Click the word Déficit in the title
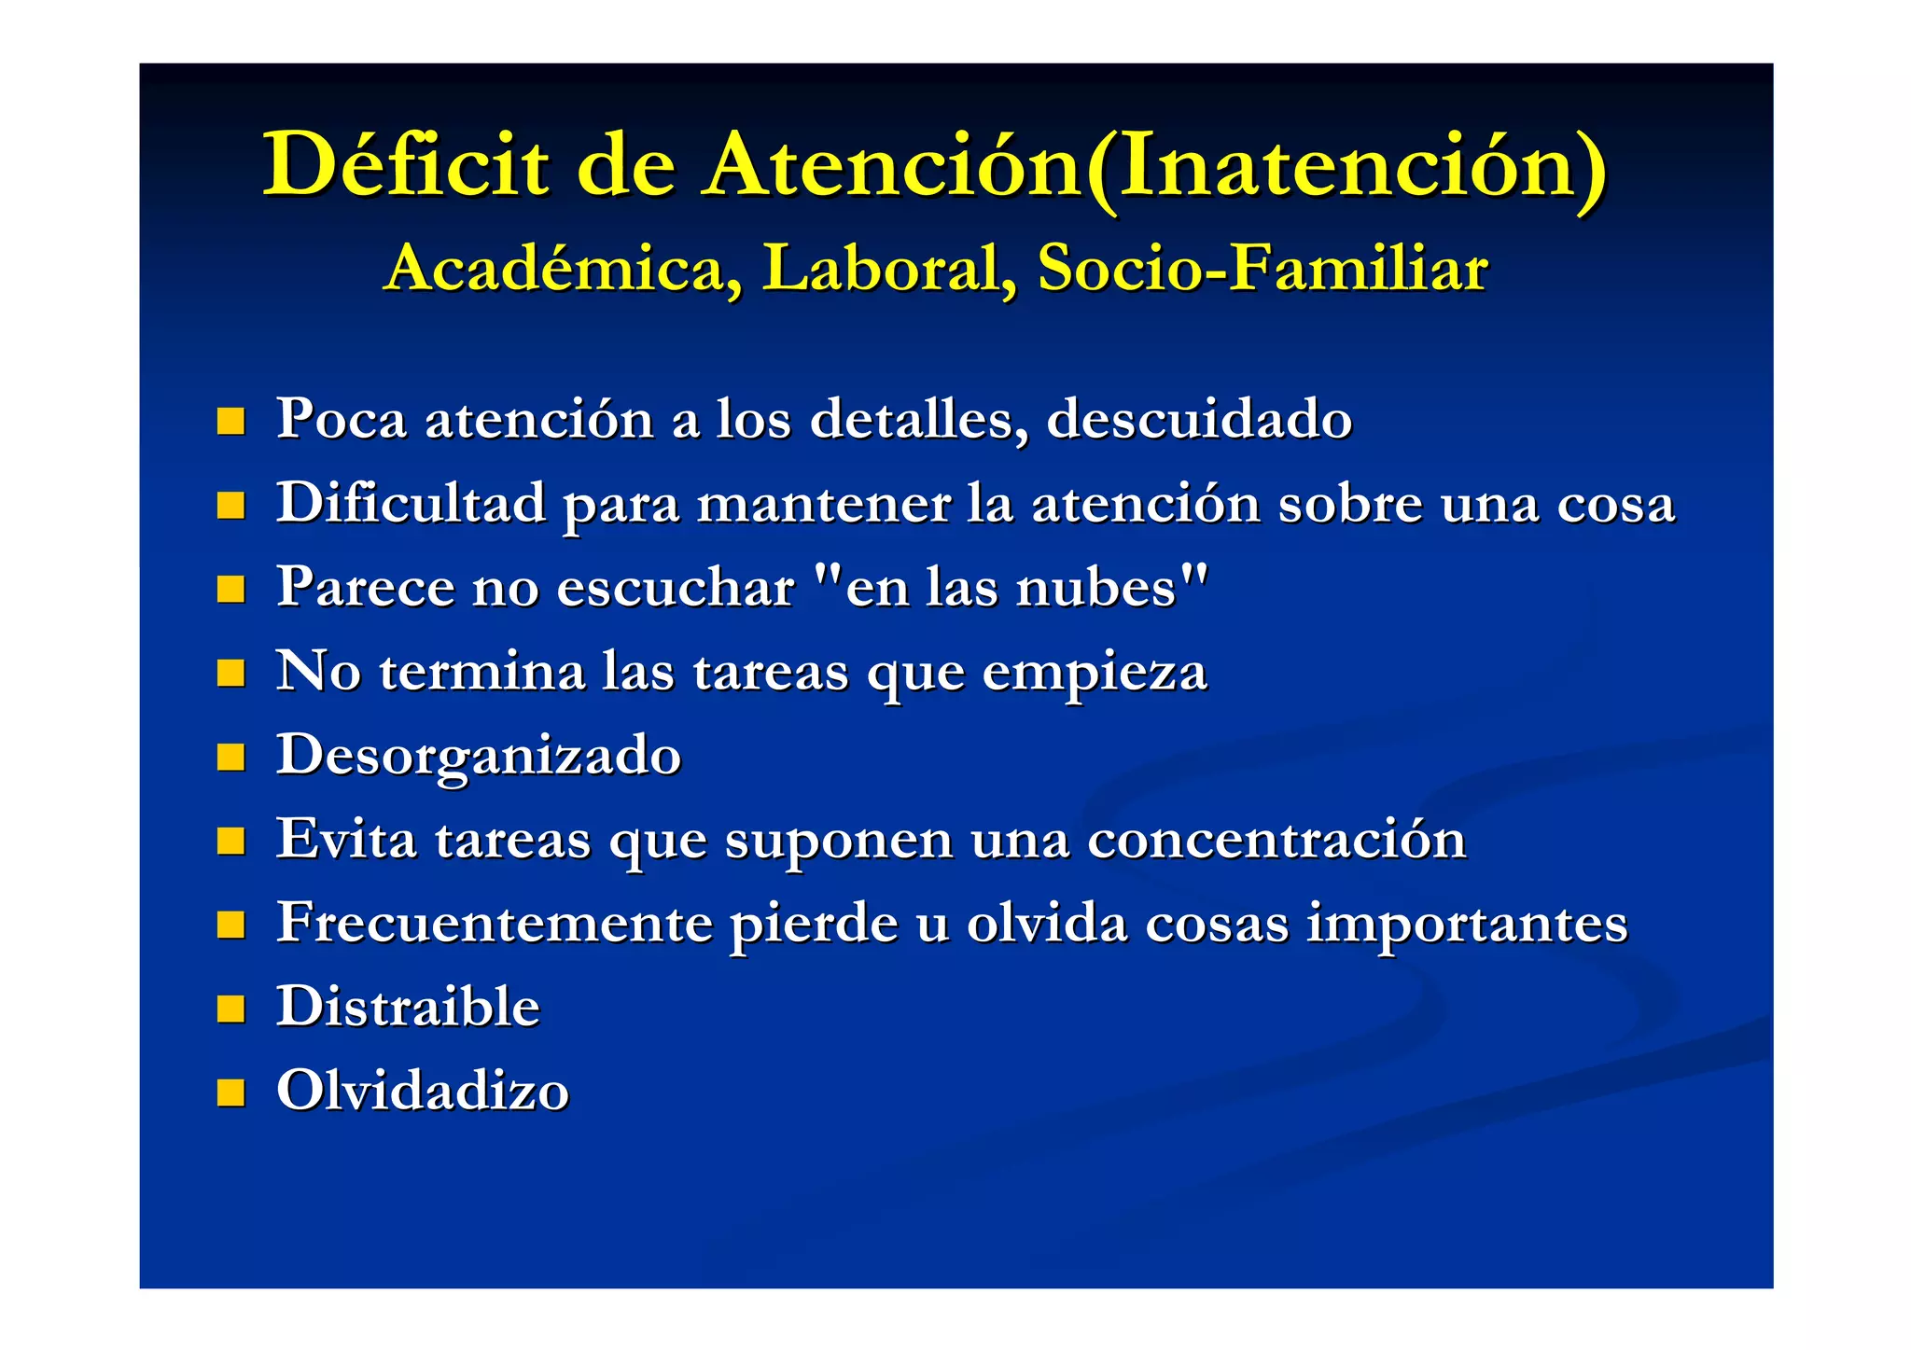pyautogui.click(x=405, y=165)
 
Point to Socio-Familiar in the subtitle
pyautogui.click(x=1262, y=269)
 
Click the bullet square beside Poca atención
pyautogui.click(x=230, y=421)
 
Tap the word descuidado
pyautogui.click(x=1199, y=419)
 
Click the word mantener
pyautogui.click(x=824, y=505)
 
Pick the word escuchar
pyautogui.click(x=676, y=589)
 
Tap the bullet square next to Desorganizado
pyautogui.click(x=230, y=757)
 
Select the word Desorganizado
pyautogui.click(x=479, y=757)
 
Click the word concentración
pyautogui.click(x=1276, y=840)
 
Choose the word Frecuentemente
pyautogui.click(x=495, y=924)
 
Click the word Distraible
pyautogui.click(x=408, y=1008)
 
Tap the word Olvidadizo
pyautogui.click(x=422, y=1091)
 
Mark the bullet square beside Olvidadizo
pyautogui.click(x=230, y=1093)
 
